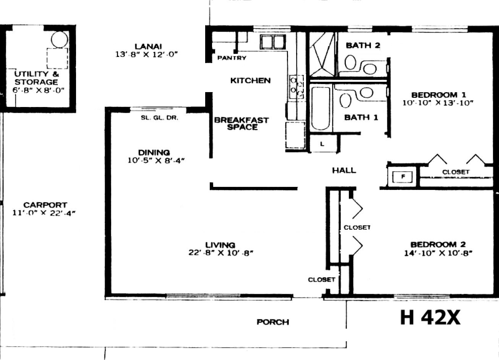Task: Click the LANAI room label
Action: coord(148,47)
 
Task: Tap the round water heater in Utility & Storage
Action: coord(59,39)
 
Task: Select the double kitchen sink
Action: coord(273,42)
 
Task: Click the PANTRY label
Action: coord(232,58)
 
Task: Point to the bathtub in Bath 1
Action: coord(321,109)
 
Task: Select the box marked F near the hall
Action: coord(402,177)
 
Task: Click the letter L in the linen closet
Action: coord(322,144)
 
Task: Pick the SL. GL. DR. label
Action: coord(159,118)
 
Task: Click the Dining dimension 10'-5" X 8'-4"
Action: coord(156,161)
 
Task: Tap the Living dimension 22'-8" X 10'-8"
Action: coord(221,253)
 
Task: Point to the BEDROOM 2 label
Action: coord(438,245)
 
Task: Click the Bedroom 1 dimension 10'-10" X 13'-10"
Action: coord(438,103)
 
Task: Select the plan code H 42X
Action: coord(430,318)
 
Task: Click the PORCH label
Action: coord(273,322)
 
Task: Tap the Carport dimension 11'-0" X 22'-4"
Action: coord(44,213)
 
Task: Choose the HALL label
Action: coord(344,171)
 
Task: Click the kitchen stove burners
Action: coord(296,87)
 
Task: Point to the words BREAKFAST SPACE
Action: coord(242,124)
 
